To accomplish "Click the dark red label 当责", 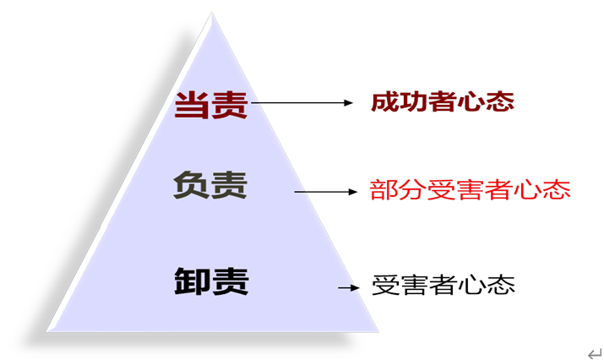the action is point(210,105).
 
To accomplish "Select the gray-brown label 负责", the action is point(210,185).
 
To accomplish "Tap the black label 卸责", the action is point(211,281).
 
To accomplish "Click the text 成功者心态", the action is point(443,101).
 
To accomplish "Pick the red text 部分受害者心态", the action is point(470,189).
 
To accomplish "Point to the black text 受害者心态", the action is point(443,285).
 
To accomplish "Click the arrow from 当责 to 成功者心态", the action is point(302,103).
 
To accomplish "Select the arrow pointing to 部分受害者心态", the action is point(326,192).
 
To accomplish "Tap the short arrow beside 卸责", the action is point(349,287).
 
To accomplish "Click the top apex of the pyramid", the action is point(211,13).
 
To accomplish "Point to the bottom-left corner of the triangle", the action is point(46,331).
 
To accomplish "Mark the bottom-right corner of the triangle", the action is point(378,331).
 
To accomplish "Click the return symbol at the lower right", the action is point(595,353).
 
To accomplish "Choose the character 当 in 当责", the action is point(192,105).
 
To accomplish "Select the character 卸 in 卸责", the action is point(193,281).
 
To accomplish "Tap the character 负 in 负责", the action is point(192,185).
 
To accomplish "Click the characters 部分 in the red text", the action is point(398,189).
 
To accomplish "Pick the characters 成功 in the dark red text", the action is point(400,101).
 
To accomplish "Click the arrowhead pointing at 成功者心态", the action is point(348,103).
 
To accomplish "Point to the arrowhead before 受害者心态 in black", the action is point(355,287).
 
